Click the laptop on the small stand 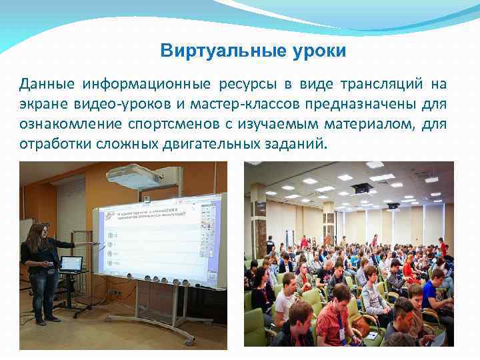71,263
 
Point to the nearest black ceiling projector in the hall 362,188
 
